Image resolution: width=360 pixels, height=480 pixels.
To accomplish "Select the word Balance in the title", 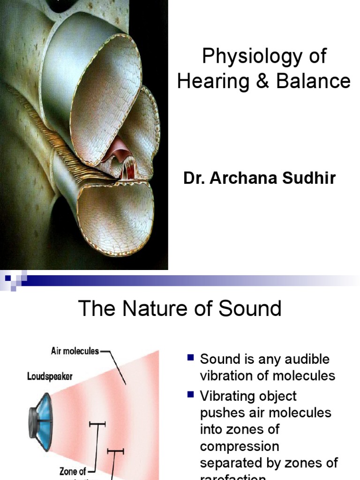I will [313, 81].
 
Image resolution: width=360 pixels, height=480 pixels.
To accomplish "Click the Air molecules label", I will [75, 351].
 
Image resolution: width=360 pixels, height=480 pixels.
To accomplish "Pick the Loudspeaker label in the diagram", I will [50, 376].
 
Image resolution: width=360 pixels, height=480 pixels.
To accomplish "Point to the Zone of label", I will [73, 471].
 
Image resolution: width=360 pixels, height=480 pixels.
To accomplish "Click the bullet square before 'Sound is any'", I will [190, 359].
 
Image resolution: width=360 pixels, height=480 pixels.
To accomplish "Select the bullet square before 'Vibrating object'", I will [190, 395].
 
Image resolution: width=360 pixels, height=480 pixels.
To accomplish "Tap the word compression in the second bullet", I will [240, 446].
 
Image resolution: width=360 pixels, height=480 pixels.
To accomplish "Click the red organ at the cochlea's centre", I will [123, 159].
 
